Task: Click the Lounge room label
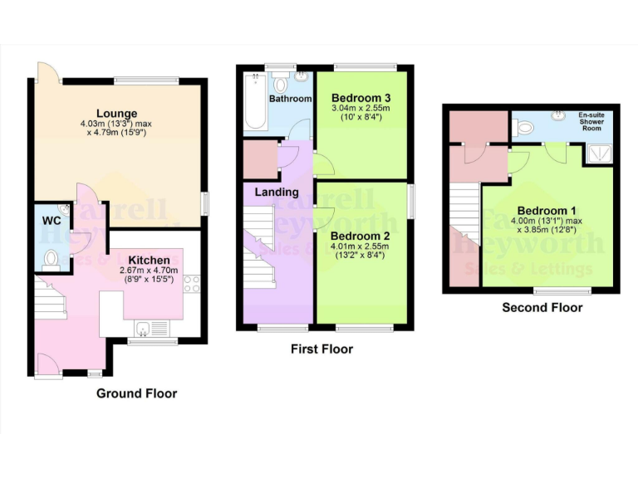(x=116, y=114)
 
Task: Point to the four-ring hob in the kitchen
(x=192, y=283)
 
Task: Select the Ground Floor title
(x=136, y=393)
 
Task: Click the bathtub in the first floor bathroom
(x=254, y=103)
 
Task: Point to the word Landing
(x=277, y=192)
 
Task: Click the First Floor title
(x=321, y=349)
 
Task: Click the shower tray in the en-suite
(x=597, y=152)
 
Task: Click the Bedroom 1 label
(x=543, y=211)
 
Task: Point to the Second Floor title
(x=542, y=308)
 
